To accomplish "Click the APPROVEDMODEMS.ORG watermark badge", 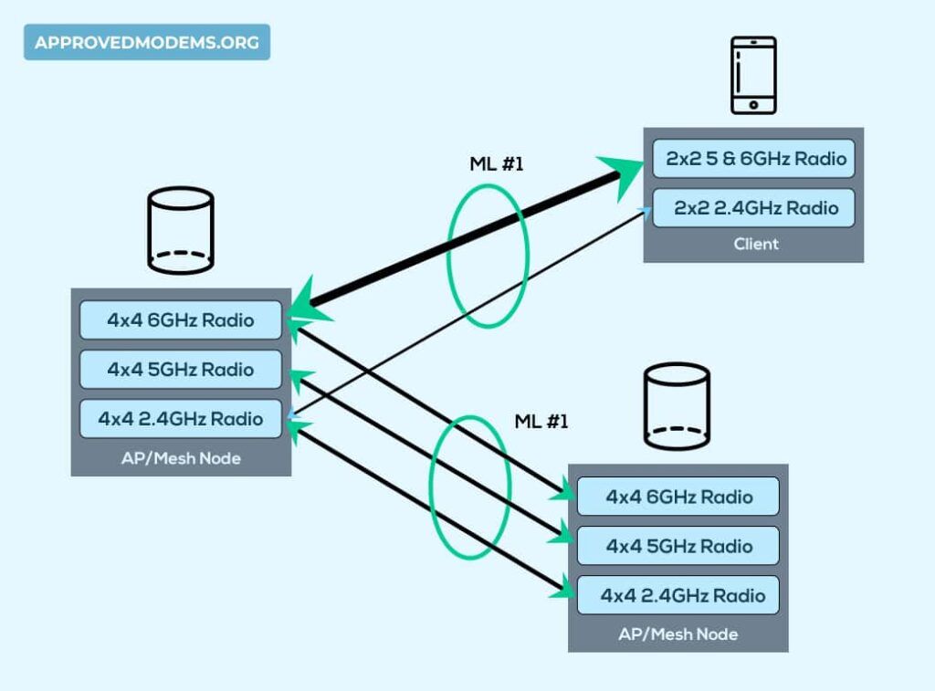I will coord(146,42).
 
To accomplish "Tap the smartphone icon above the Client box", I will coord(752,76).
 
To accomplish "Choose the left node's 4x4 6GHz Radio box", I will coord(180,320).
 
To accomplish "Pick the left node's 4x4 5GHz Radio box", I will coord(180,370).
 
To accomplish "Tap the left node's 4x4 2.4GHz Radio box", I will coord(180,419).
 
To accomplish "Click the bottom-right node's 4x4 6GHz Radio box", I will coord(678,497).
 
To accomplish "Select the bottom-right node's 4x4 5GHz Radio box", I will coord(678,546).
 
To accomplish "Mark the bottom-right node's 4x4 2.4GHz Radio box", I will coord(678,595).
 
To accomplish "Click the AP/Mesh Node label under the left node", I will coord(181,458).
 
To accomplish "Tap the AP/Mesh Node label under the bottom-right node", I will coord(678,633).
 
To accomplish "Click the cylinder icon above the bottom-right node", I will coord(677,406).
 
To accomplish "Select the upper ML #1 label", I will coord(494,165).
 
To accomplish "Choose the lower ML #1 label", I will coord(541,422).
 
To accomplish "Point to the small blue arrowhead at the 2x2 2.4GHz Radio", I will coord(647,213).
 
